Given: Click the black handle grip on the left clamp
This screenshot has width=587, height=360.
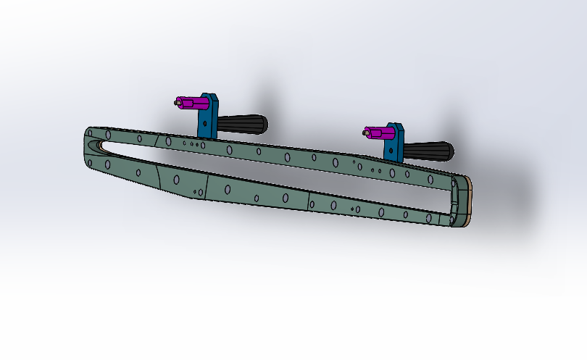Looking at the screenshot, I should pyautogui.click(x=243, y=125).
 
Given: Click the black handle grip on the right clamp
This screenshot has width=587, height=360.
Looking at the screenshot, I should pyautogui.click(x=428, y=151).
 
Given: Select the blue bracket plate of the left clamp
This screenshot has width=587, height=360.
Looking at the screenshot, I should pyautogui.click(x=209, y=115).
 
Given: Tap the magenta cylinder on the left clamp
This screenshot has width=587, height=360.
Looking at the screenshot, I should pyautogui.click(x=190, y=104).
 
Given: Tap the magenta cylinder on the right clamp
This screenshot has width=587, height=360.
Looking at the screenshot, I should pyautogui.click(x=378, y=133).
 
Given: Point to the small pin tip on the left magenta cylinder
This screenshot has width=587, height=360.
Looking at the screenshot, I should pyautogui.click(x=177, y=103).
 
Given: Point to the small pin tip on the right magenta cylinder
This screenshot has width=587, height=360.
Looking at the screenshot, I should pyautogui.click(x=366, y=132).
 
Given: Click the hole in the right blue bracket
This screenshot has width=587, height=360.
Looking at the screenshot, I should pyautogui.click(x=392, y=150).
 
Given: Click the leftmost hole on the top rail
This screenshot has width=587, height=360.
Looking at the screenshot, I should pyautogui.click(x=108, y=134).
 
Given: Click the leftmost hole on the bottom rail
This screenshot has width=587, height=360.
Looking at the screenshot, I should pyautogui.click(x=108, y=164).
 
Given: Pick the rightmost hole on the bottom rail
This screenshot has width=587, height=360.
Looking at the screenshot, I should pyautogui.click(x=433, y=217).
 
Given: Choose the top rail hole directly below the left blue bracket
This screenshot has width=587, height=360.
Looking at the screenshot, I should pyautogui.click(x=204, y=145).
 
